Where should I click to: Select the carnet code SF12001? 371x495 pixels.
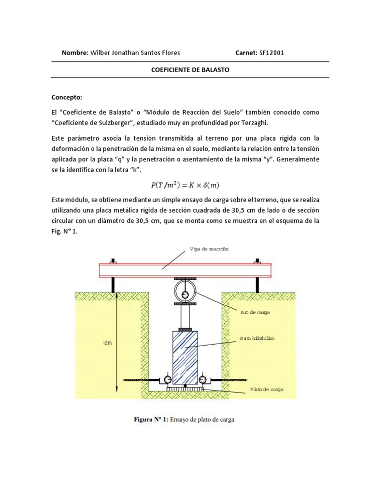[271, 53]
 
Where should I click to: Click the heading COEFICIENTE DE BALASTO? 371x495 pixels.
[190, 70]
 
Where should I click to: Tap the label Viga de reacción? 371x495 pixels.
[210, 249]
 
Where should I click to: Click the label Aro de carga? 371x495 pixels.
[255, 312]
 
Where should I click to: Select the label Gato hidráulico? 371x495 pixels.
[257, 338]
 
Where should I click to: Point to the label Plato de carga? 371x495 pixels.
[267, 389]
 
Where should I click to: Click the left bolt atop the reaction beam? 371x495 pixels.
[113, 262]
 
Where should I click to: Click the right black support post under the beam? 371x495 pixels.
[257, 285]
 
